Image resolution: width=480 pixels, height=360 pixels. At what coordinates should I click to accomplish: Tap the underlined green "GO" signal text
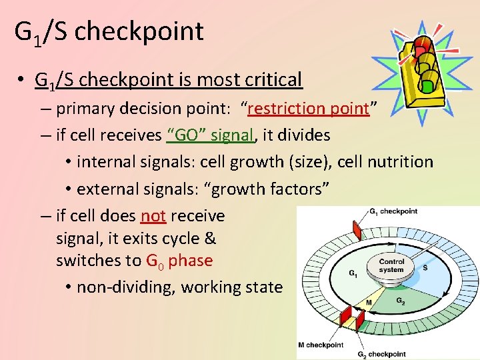(x=211, y=135)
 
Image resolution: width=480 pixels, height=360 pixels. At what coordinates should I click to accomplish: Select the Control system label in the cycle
(x=391, y=265)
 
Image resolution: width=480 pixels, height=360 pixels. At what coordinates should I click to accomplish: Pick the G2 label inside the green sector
(x=401, y=301)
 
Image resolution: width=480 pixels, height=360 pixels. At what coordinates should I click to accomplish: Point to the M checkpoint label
(x=320, y=345)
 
